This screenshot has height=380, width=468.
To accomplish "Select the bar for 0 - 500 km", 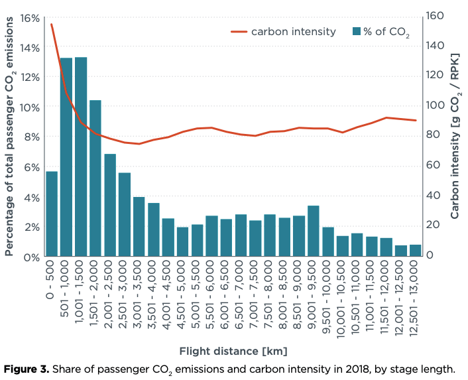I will (x=52, y=214).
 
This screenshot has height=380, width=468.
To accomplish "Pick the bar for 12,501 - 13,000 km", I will (x=415, y=251).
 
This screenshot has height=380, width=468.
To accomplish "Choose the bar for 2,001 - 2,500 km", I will (x=110, y=205).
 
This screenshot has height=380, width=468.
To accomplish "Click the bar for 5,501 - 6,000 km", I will (x=211, y=236).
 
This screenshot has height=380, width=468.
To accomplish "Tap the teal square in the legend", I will (x=357, y=32).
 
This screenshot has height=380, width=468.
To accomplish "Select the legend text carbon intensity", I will (x=293, y=32).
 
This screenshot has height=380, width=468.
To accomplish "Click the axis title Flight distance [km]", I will (x=233, y=350).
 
